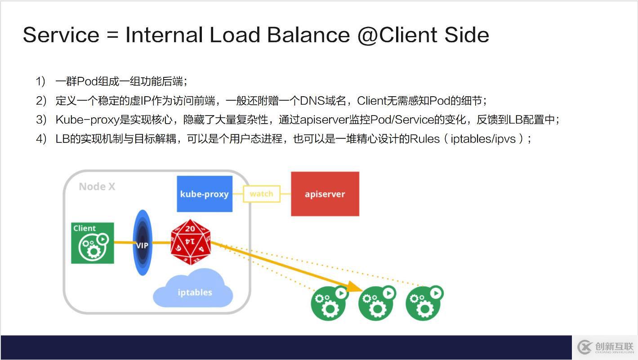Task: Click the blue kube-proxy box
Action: point(205,194)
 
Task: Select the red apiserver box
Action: point(325,194)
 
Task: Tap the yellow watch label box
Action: point(261,194)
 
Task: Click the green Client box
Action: point(93,243)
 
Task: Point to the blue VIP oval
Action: point(143,243)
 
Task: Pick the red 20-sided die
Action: point(191,242)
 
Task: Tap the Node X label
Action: point(97,187)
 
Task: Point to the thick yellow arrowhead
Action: point(355,287)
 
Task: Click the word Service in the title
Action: point(61,35)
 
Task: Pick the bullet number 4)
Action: point(41,139)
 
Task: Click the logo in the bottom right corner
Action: point(605,347)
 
